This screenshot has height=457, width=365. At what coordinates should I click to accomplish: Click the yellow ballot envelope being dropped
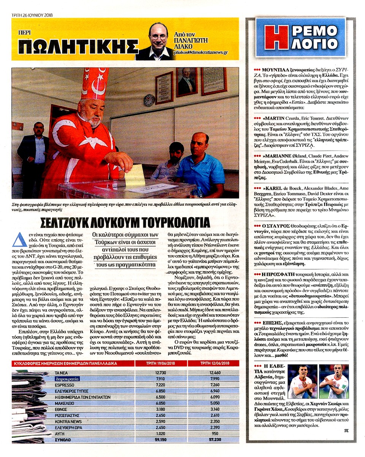click(135, 175)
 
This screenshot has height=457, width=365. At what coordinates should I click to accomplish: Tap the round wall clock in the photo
click(149, 100)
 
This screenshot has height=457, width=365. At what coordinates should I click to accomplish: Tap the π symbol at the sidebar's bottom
click(346, 431)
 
